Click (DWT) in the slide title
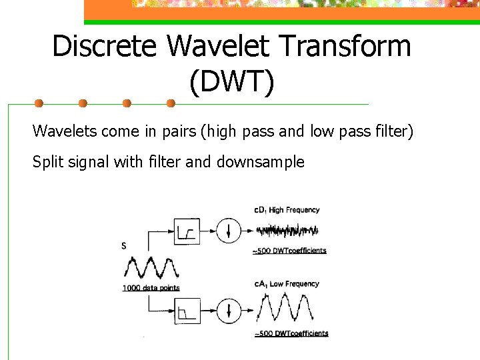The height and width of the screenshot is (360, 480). [x=231, y=83]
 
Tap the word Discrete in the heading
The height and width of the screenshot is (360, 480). [x=105, y=47]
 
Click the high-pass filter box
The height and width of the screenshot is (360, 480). [x=187, y=231]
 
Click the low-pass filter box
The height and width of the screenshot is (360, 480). [x=187, y=311]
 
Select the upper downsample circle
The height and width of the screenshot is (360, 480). [x=228, y=231]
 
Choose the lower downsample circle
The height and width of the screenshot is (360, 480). [x=228, y=311]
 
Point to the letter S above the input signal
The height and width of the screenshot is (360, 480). [x=124, y=247]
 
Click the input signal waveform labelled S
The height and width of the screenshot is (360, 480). [x=151, y=268]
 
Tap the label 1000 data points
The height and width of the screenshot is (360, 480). [x=151, y=288]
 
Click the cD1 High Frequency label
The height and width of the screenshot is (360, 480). [x=287, y=210]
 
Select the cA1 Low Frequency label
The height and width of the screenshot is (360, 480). [x=287, y=284]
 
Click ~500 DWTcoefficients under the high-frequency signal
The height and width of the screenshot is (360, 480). [x=290, y=251]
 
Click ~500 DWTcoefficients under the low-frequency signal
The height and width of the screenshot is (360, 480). [x=291, y=333]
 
